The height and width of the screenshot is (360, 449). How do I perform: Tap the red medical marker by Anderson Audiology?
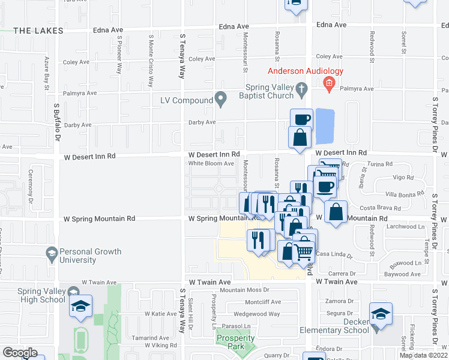[x=328, y=84]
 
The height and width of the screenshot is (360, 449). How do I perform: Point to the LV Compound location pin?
[x=221, y=98]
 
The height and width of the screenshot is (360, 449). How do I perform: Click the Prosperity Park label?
[x=231, y=342]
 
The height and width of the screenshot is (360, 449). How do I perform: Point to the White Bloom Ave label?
[x=211, y=163]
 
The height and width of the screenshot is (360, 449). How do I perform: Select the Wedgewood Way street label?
[x=257, y=314]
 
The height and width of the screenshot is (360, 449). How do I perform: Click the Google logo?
[x=20, y=353]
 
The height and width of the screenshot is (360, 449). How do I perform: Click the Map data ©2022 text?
[x=423, y=355]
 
